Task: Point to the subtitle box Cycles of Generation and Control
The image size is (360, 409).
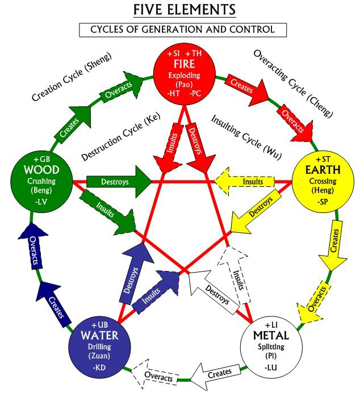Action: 183,30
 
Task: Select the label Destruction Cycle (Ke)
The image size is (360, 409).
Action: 121,137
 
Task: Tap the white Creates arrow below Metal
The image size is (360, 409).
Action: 214,373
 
